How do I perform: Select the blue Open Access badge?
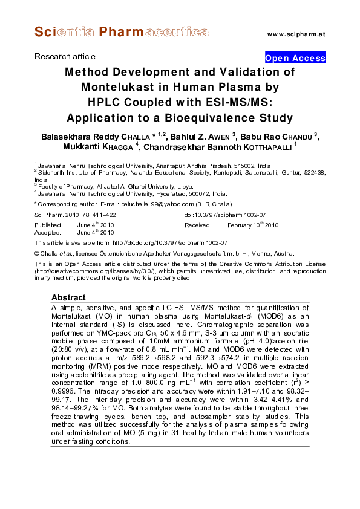coord(295,58)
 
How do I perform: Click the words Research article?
coord(61,56)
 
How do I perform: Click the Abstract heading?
coord(68,298)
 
